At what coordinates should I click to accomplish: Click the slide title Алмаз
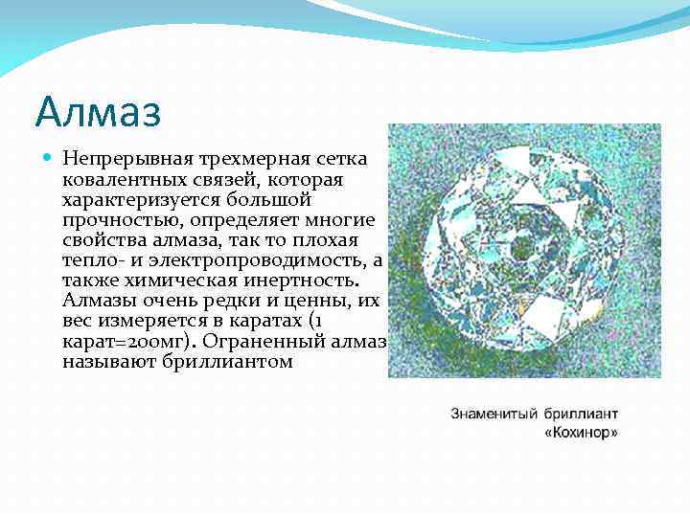click(98, 111)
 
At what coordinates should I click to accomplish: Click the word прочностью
click(111, 220)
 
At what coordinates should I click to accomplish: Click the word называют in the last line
click(103, 363)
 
